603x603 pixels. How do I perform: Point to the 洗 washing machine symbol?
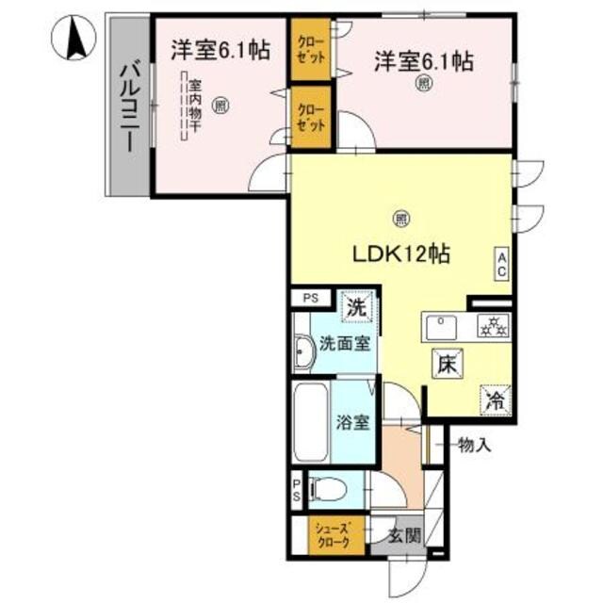[355, 306]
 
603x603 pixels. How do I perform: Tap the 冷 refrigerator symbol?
[494, 399]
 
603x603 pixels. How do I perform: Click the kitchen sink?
[442, 328]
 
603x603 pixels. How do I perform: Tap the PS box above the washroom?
[310, 298]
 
